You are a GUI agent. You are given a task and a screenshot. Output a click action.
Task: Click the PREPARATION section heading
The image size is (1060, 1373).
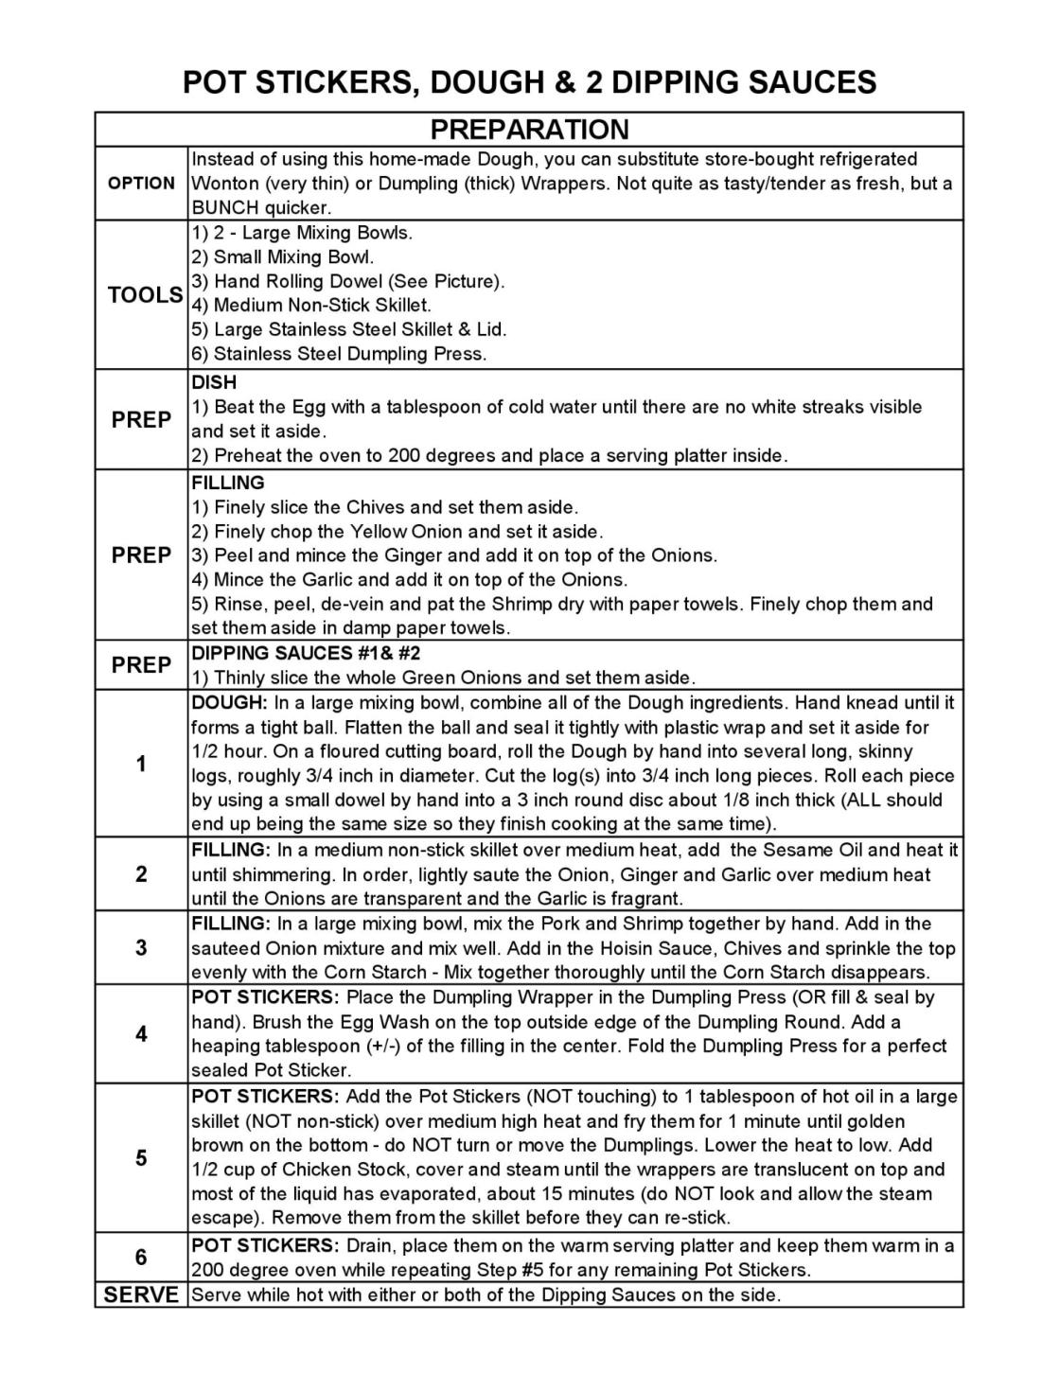tap(529, 130)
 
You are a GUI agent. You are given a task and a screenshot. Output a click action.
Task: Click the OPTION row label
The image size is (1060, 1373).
tap(141, 184)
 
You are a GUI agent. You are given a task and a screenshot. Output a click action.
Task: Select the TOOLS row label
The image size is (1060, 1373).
tap(145, 295)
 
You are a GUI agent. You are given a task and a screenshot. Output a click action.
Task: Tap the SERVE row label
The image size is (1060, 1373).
tap(141, 1295)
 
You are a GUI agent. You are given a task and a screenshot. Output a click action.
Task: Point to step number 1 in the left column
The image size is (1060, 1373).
tap(141, 764)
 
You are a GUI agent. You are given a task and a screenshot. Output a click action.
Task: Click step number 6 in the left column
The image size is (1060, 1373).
tap(141, 1258)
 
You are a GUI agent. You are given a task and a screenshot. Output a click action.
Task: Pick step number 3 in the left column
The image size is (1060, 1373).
tap(141, 948)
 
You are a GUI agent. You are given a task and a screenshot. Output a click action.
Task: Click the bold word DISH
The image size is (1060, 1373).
tap(214, 383)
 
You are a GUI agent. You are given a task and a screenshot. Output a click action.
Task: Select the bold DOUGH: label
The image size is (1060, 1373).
tap(230, 703)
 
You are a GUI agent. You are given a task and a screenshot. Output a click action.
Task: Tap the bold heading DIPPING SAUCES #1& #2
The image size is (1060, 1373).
tap(306, 654)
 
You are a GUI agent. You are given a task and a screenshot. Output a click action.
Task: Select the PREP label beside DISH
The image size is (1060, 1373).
tap(141, 420)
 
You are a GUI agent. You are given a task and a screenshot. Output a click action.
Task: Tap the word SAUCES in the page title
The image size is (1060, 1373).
tap(813, 82)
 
